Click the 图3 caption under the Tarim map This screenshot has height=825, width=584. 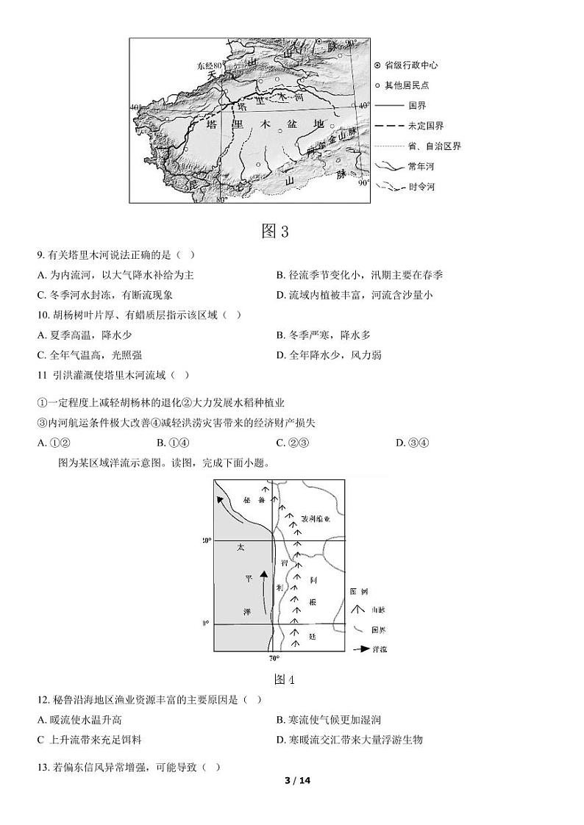[275, 232]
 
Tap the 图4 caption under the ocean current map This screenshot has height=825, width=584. [284, 679]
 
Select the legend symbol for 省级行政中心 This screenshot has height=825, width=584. [377, 65]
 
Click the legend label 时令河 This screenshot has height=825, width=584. [421, 187]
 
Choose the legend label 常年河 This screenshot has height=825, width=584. [421, 167]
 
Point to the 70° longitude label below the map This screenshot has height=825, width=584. [274, 659]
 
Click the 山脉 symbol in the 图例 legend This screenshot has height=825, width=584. [358, 610]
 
